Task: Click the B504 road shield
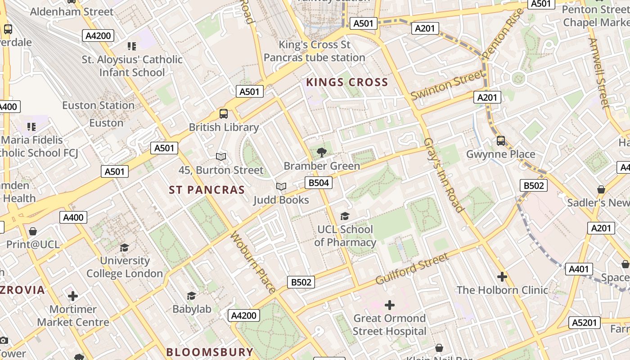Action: (319, 182)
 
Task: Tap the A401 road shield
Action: (579, 269)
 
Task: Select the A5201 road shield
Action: (585, 322)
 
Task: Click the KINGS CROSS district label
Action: (347, 82)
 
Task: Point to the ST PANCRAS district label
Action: (207, 190)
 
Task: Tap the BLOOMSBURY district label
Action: (210, 352)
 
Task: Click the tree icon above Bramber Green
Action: (322, 152)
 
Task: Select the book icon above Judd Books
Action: (281, 186)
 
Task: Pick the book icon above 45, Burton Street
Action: (220, 157)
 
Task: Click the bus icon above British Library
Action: (224, 114)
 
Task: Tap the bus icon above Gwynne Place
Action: (501, 141)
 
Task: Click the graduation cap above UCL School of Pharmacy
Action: (345, 216)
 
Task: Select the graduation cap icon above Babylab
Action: (192, 296)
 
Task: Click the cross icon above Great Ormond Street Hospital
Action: (389, 305)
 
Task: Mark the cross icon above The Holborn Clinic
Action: (502, 276)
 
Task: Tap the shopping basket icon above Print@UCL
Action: (32, 231)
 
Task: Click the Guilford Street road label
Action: (412, 269)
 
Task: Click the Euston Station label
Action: (98, 105)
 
